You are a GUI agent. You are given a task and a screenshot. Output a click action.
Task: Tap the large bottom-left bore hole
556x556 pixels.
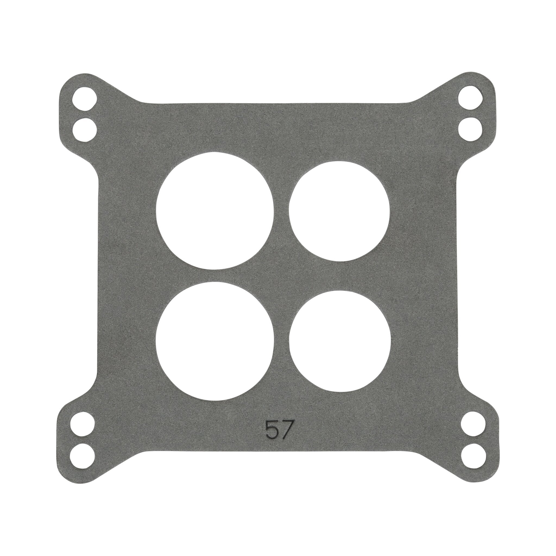pyautogui.click(x=215, y=341)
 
